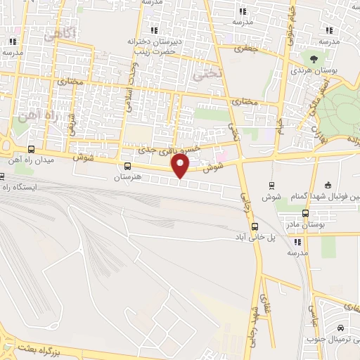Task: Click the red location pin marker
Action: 181,166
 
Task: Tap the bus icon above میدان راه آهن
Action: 30,149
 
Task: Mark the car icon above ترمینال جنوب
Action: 340,328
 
